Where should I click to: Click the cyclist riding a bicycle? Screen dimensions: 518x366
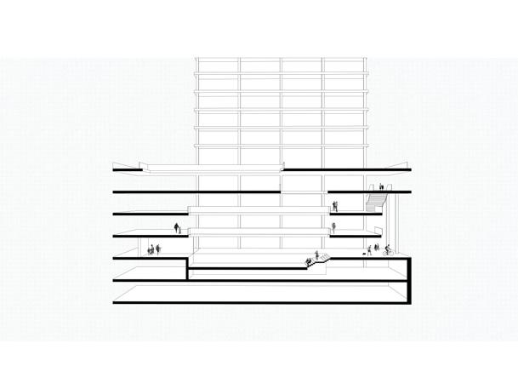[387, 249]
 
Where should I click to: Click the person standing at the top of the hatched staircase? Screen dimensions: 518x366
[380, 186]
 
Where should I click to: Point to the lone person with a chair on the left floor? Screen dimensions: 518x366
[177, 228]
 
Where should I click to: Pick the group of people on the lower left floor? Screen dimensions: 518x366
[154, 249]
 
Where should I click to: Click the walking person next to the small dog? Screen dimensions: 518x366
[368, 249]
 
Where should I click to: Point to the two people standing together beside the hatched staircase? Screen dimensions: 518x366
[335, 206]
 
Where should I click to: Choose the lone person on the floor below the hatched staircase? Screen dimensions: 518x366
[334, 227]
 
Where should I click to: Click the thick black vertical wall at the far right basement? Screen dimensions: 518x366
[409, 281]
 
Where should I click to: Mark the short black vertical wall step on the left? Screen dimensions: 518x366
[187, 268]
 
